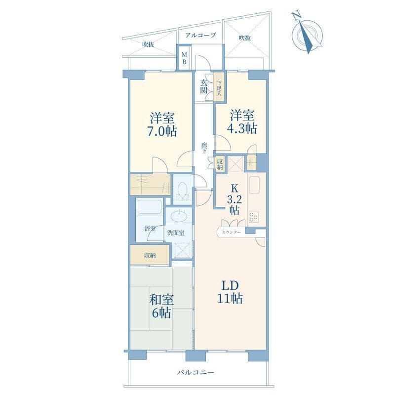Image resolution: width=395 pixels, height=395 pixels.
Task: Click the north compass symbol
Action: (x=307, y=34)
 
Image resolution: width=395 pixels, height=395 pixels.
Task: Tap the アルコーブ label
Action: (x=200, y=35)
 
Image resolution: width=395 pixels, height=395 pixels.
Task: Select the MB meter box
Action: (x=184, y=58)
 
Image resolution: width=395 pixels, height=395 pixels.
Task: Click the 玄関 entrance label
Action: (x=203, y=86)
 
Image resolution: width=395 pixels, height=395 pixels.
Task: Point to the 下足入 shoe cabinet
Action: (x=219, y=87)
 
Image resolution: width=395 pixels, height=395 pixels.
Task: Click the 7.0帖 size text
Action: (x=162, y=131)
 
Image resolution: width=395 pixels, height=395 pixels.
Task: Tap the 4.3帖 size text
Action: (x=242, y=128)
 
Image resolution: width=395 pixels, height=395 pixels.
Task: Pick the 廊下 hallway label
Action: (x=204, y=148)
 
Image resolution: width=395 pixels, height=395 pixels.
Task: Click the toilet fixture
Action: (x=182, y=191)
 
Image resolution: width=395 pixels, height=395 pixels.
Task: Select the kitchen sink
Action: (x=254, y=185)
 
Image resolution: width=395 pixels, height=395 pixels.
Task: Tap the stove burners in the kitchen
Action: (x=254, y=217)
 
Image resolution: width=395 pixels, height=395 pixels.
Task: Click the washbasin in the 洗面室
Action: (x=179, y=216)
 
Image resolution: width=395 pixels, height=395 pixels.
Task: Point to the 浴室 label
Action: (x=150, y=229)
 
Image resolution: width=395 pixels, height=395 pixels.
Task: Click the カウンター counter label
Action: (x=231, y=232)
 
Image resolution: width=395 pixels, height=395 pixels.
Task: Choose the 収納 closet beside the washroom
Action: (x=150, y=255)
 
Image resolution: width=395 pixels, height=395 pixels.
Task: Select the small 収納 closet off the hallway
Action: (x=220, y=164)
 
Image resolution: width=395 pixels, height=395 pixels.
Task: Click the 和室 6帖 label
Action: (x=161, y=306)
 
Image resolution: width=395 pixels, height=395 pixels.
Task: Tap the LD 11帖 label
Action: (x=230, y=292)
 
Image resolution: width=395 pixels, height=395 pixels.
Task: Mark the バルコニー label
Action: (x=196, y=372)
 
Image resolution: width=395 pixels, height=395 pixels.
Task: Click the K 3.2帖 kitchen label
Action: (x=235, y=199)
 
